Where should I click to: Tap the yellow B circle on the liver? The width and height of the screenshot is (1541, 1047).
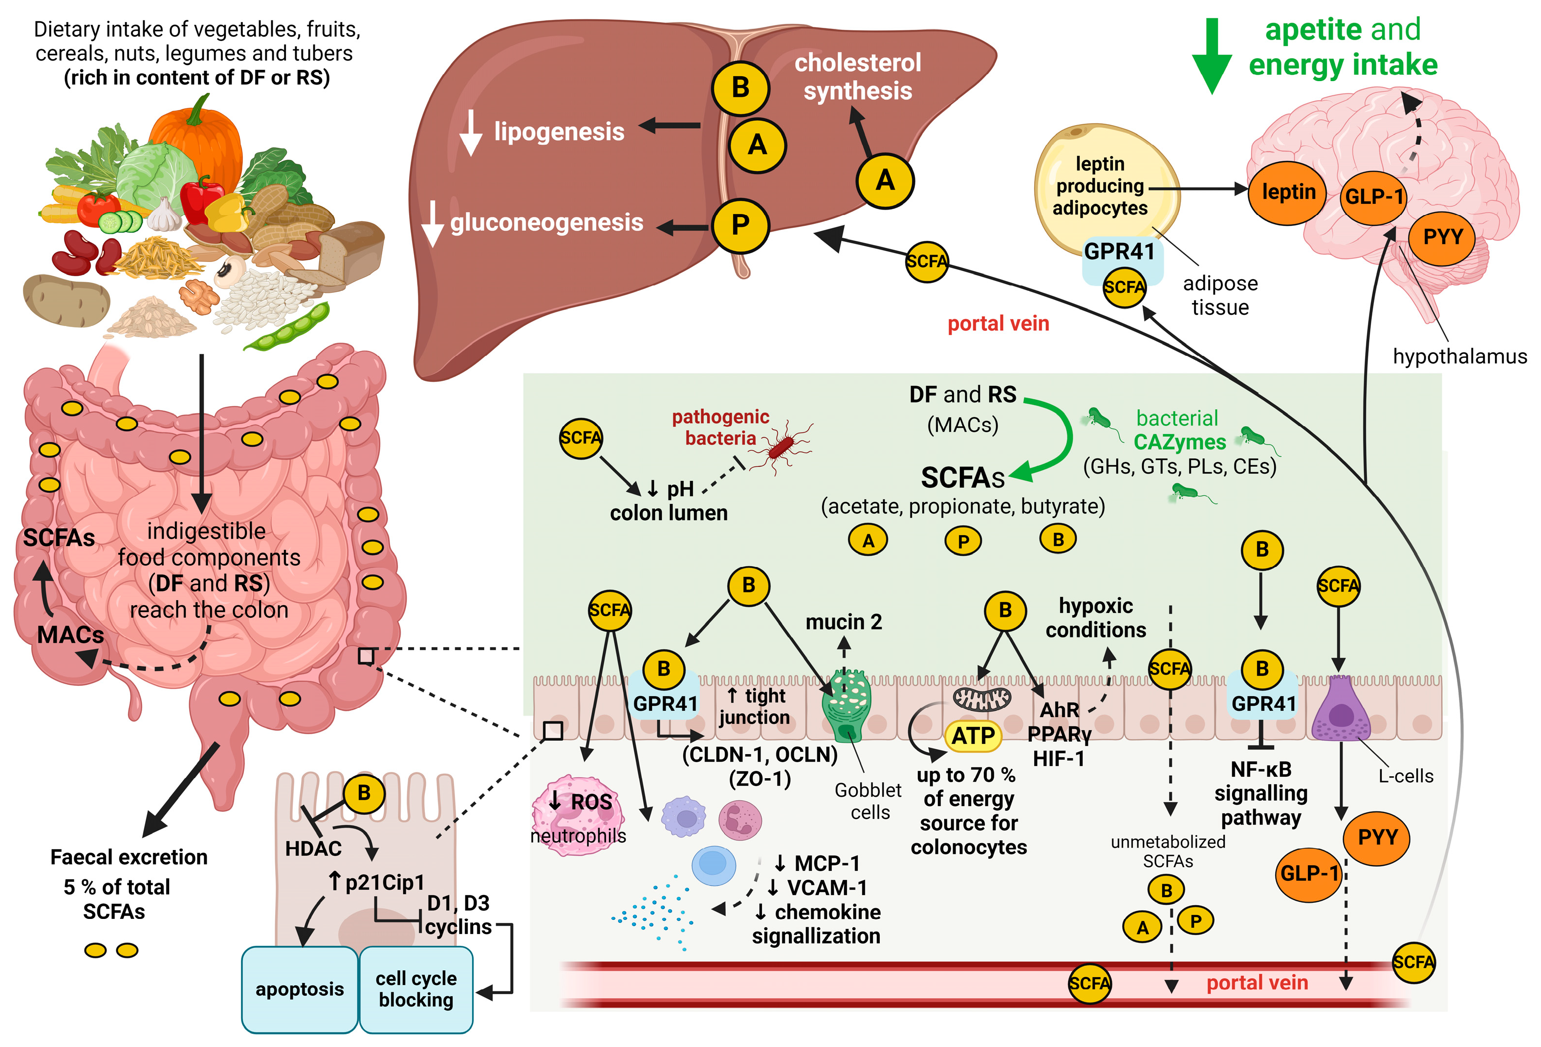pos(740,87)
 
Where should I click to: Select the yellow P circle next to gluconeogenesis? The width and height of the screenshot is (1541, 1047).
pos(740,225)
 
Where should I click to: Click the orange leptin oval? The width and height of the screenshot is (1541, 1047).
pos(1287,192)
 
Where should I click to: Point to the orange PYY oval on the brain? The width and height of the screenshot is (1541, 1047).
pos(1442,237)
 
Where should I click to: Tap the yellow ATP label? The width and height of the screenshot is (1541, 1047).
pos(972,735)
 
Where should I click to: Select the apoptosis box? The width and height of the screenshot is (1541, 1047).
pos(299,989)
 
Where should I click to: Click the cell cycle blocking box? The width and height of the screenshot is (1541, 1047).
pos(416,989)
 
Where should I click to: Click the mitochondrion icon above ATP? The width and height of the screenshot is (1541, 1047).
pos(981,698)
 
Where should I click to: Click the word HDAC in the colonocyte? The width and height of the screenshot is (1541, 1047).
pos(313,848)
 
